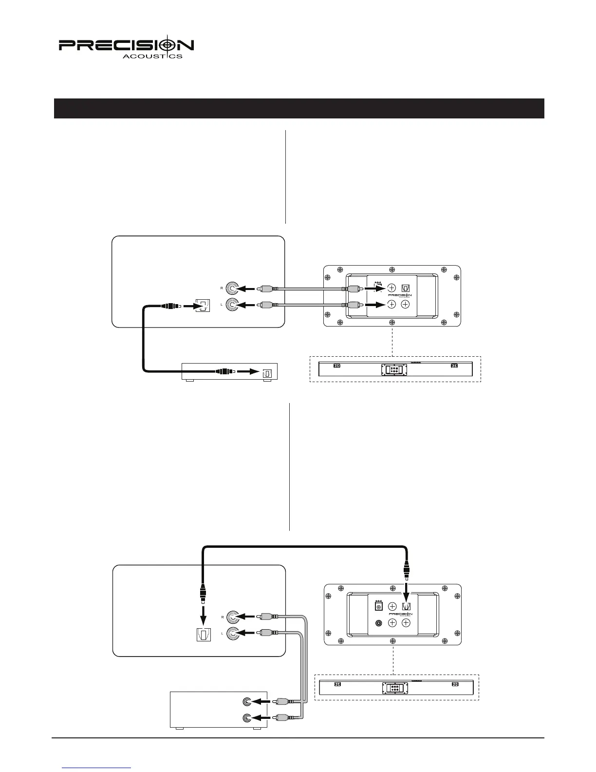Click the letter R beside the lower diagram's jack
[x=222, y=617]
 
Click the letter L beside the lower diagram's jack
[x=222, y=633]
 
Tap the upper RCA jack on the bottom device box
[x=248, y=702]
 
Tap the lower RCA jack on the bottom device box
[x=248, y=718]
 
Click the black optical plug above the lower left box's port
[x=203, y=595]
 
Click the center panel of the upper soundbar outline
[x=394, y=370]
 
